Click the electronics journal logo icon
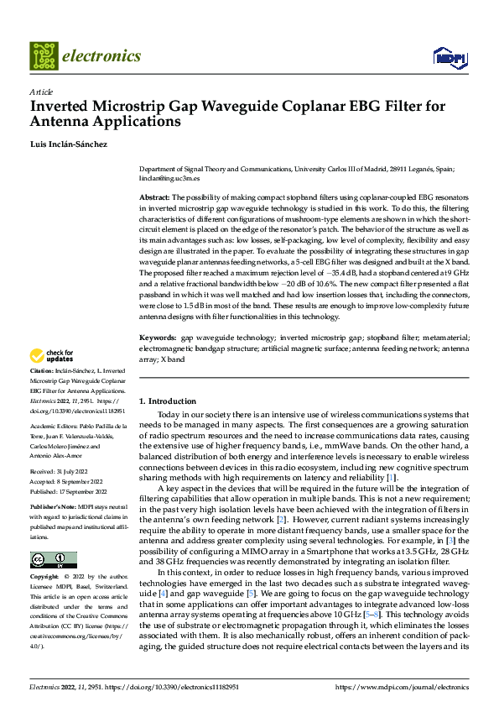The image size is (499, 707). [44, 55]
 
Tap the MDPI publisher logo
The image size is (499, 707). [449, 56]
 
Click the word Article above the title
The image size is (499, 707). [41, 92]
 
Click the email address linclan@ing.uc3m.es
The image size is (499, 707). [170, 178]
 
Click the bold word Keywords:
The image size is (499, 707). [158, 338]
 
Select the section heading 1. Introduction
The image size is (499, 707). [168, 401]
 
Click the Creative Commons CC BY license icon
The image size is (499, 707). [53, 560]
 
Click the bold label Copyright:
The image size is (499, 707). [45, 578]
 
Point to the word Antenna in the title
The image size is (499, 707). [62, 122]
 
